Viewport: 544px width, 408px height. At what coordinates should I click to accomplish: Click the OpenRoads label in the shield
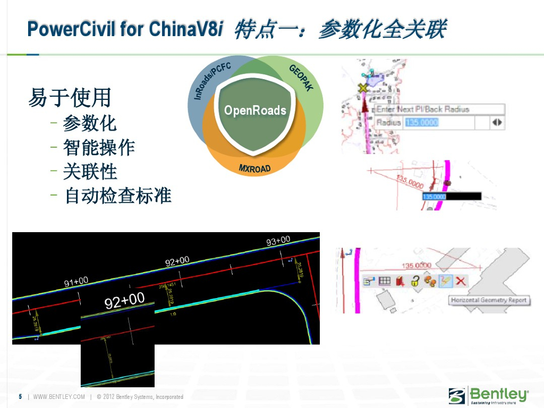click(x=255, y=110)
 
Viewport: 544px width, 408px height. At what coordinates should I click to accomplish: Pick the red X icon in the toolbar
click(x=461, y=281)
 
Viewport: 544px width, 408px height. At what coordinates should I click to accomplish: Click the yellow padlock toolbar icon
click(x=415, y=281)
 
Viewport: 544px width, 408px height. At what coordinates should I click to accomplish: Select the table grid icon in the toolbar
click(x=384, y=281)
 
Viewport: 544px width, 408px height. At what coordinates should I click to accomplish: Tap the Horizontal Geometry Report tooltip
click(x=488, y=300)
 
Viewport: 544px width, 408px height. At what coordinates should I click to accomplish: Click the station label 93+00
click(x=278, y=241)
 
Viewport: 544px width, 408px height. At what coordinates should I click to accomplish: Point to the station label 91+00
click(x=76, y=282)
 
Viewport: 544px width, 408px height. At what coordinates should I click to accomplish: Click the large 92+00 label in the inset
click(x=125, y=301)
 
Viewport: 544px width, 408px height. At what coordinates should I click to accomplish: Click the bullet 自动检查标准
click(x=118, y=195)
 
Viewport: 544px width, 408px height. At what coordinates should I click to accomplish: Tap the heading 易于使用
click(x=70, y=98)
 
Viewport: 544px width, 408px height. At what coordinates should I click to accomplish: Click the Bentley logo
click(x=489, y=396)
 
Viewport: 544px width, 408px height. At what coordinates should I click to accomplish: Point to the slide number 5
click(x=20, y=397)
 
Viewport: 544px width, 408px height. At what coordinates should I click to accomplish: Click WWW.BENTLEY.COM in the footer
click(x=59, y=397)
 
